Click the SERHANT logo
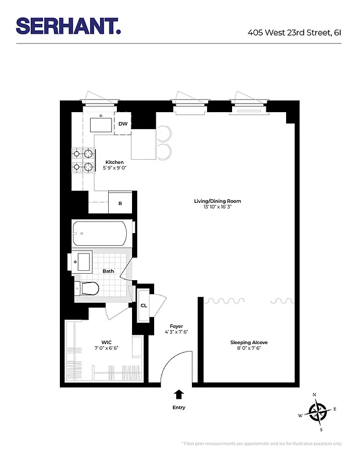coord(69,26)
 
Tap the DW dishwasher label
coord(123,124)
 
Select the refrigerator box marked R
coord(120,203)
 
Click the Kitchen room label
coord(114,162)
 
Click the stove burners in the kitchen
coord(83,161)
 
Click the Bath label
coord(108,271)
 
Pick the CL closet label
coord(143,305)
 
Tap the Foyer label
coord(176,326)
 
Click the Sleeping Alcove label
coord(248,342)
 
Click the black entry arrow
coord(179,395)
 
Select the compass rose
coord(318,412)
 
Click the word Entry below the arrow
coord(179,407)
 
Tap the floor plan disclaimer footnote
coord(262,443)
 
